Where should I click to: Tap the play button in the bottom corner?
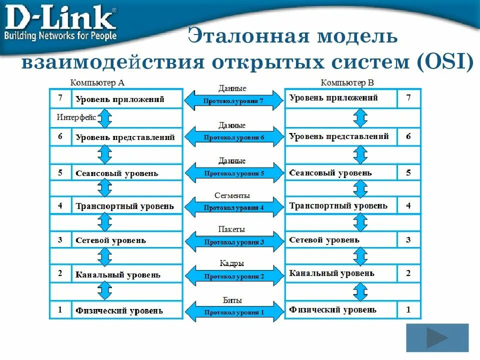tap(437, 338)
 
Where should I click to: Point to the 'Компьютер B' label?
tap(347, 82)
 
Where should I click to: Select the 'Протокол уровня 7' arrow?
tap(233, 100)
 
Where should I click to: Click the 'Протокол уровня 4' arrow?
tap(233, 207)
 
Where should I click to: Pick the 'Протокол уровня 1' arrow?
tap(233, 312)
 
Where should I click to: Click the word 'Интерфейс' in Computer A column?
tap(76, 118)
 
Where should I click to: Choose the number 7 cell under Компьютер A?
tap(60, 98)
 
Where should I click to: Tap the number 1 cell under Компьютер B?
tap(408, 309)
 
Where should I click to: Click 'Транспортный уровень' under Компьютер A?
tap(125, 206)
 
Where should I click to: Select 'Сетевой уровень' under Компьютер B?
tap(324, 240)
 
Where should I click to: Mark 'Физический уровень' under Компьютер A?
tap(119, 310)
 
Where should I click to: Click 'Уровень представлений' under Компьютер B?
tap(339, 136)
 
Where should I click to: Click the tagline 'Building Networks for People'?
tap(60, 36)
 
